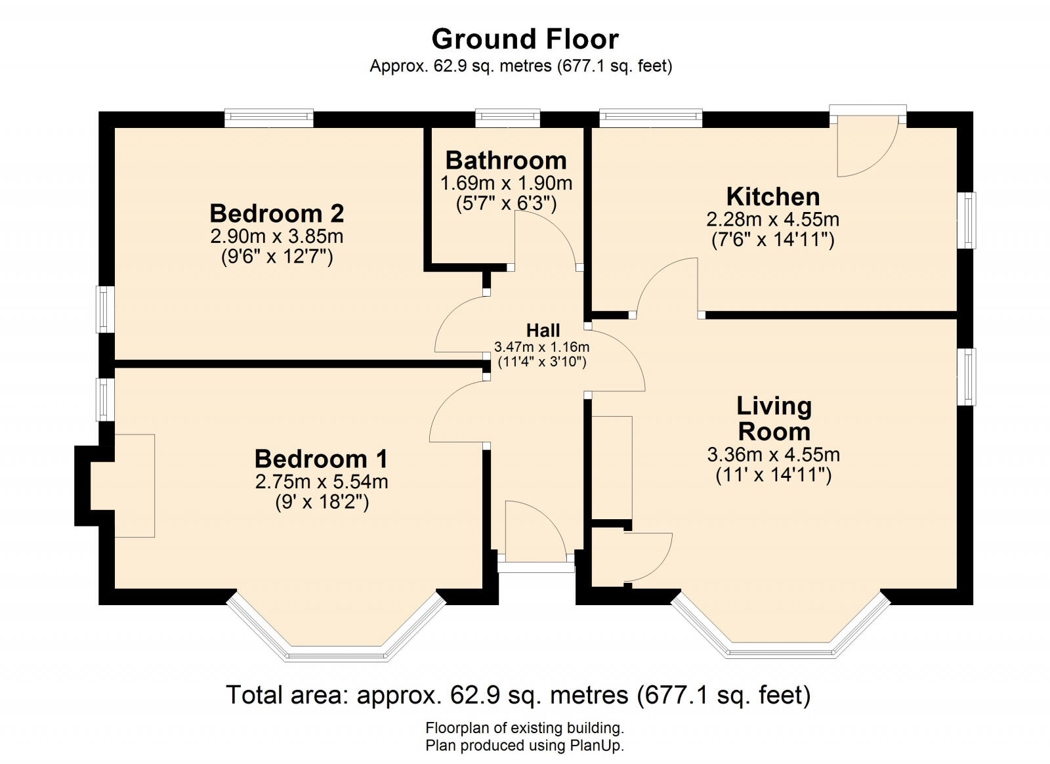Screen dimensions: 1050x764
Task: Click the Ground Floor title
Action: [525, 39]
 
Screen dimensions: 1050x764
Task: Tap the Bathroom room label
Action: [506, 161]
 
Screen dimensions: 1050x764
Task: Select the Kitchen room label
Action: [773, 197]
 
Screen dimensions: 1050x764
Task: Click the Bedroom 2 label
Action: [276, 214]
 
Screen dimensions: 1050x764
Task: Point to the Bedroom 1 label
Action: [321, 459]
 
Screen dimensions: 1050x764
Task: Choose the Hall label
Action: [543, 331]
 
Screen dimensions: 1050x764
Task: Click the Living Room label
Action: [774, 419]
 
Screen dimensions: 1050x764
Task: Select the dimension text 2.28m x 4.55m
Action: [772, 219]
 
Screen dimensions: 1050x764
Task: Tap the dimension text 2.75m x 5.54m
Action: [322, 482]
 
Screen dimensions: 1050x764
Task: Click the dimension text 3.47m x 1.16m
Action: [541, 347]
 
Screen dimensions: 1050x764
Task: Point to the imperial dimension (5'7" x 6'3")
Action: [506, 204]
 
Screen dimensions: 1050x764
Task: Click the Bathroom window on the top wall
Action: [508, 117]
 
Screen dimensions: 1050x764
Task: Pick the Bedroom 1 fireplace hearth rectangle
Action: [135, 486]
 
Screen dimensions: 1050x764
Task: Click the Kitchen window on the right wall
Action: [967, 220]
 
